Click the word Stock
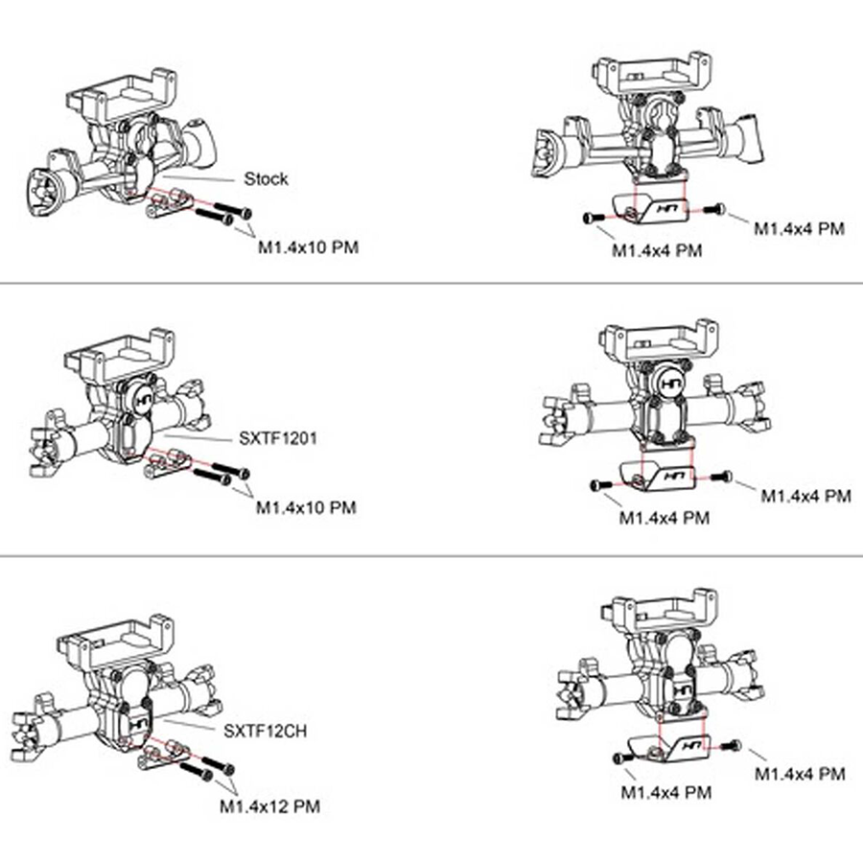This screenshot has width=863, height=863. point(266,179)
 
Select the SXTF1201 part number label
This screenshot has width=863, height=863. point(277,438)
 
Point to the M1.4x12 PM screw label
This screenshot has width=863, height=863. point(269,807)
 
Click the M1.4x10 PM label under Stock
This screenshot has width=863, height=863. point(309,247)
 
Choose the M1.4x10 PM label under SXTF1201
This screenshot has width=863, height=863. point(306,508)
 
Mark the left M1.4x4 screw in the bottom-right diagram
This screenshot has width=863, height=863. point(619,758)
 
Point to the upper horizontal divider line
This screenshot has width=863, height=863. point(431,284)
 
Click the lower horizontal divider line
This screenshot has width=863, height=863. point(431,555)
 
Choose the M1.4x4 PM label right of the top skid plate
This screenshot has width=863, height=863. point(799,228)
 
